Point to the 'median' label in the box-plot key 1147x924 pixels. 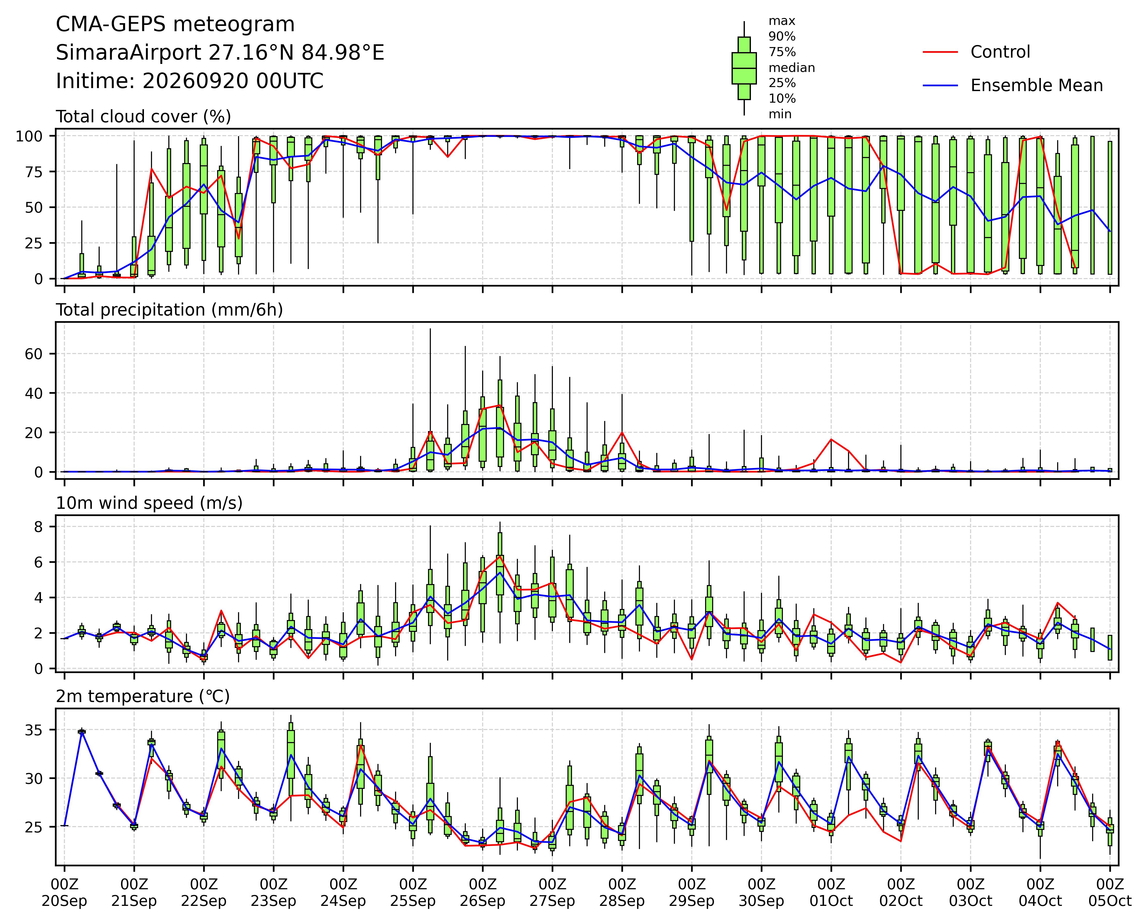click(x=791, y=68)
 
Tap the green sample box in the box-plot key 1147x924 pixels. click(x=744, y=68)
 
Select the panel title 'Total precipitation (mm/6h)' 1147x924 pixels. click(x=169, y=310)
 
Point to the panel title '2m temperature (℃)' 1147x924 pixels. click(x=143, y=696)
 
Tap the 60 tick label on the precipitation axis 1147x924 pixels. click(x=33, y=354)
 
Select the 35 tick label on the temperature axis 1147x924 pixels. click(x=33, y=730)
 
